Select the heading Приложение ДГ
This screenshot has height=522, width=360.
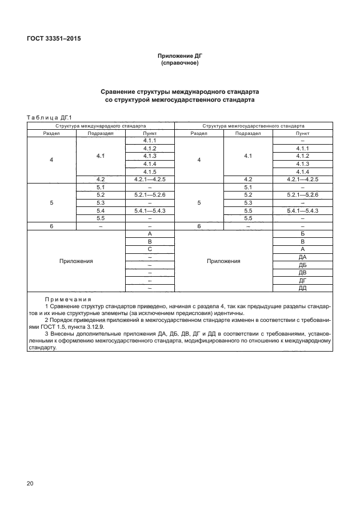(x=180, y=56)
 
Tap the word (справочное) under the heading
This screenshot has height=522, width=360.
(x=180, y=63)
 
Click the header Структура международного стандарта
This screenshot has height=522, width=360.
(x=101, y=125)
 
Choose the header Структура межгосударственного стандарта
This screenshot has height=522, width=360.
(x=253, y=125)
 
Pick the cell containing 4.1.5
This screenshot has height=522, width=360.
(x=150, y=172)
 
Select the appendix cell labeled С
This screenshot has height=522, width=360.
(x=150, y=249)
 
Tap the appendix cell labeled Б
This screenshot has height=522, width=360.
(x=302, y=234)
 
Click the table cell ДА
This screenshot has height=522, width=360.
(x=302, y=257)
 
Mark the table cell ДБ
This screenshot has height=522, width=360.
(x=302, y=265)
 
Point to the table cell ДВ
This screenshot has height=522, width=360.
(x=302, y=273)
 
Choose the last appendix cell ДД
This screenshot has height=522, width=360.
(x=302, y=289)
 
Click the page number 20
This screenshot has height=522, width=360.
(x=30, y=484)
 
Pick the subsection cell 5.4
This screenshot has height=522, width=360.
(x=101, y=210)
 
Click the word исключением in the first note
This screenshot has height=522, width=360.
(x=150, y=313)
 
